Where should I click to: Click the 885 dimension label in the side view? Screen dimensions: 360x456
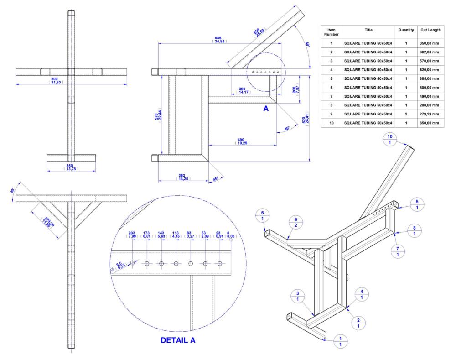coord(219,39)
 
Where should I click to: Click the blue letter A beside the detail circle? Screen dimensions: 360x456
coord(266,109)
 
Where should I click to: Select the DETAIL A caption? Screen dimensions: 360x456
coord(178,340)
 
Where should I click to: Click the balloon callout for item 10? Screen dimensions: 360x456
coord(390,140)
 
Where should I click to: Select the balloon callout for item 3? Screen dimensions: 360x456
coord(297,296)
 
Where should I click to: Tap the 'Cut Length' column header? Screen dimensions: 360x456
coord(430,30)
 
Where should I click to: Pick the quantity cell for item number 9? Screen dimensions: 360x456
coord(406,114)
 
